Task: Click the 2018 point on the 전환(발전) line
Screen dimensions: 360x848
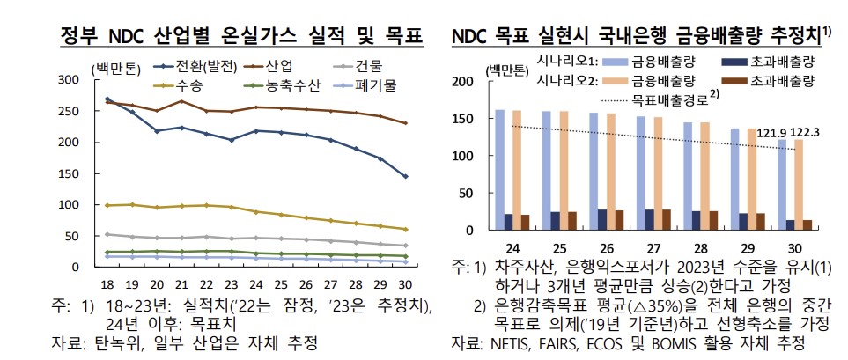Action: pyautogui.click(x=107, y=99)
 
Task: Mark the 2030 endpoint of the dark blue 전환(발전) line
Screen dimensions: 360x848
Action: pyautogui.click(x=404, y=176)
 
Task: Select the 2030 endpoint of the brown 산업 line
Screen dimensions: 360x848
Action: pyautogui.click(x=404, y=123)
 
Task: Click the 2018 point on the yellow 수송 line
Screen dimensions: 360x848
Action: pyautogui.click(x=107, y=205)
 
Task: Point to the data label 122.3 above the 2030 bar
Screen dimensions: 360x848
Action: pyautogui.click(x=805, y=132)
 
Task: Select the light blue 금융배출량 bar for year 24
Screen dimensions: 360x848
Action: pyautogui.click(x=500, y=170)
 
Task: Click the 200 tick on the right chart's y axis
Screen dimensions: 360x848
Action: pyautogui.click(x=468, y=82)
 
